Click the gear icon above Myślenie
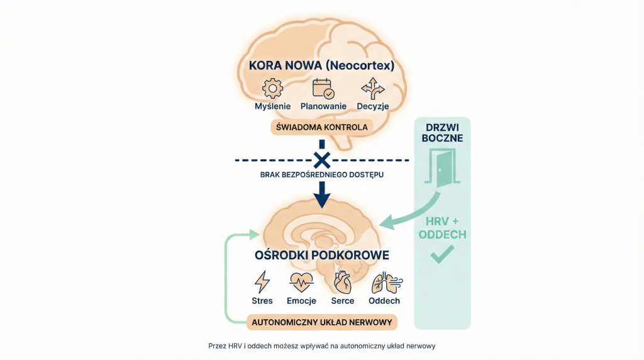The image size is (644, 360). click(272, 88)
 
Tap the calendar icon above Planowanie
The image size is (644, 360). click(323, 88)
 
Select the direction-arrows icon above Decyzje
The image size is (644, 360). click(372, 88)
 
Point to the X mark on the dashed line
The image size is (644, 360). click(321, 160)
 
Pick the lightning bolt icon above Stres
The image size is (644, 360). click(262, 281)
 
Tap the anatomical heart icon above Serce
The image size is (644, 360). click(343, 282)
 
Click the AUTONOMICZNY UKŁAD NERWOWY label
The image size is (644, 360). click(322, 322)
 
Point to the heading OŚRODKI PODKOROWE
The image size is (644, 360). click(321, 256)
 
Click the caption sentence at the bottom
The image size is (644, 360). click(322, 346)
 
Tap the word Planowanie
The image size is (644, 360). click(323, 106)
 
